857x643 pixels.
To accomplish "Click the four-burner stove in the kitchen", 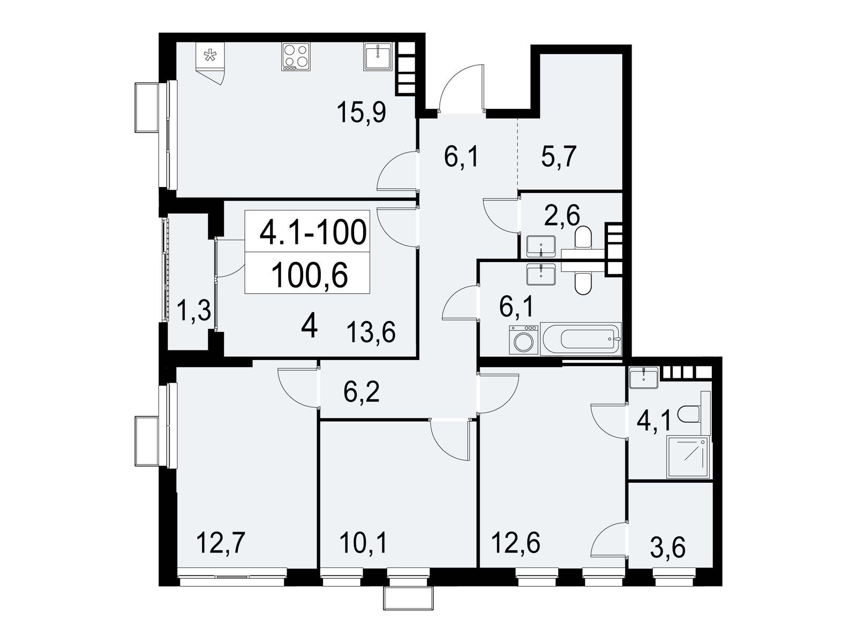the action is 296,57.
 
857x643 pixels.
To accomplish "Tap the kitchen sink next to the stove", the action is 378,57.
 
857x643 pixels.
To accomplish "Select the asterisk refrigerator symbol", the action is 210,55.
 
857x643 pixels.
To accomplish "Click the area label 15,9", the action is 362,113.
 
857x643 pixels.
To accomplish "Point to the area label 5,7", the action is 559,155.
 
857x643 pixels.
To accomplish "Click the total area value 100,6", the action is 309,275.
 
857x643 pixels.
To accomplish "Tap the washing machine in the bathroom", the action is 523,340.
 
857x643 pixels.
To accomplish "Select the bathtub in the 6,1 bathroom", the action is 581,339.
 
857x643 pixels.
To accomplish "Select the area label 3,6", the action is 668,547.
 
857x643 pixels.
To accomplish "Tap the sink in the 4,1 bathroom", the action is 644,378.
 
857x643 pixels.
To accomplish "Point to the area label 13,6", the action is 371,333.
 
